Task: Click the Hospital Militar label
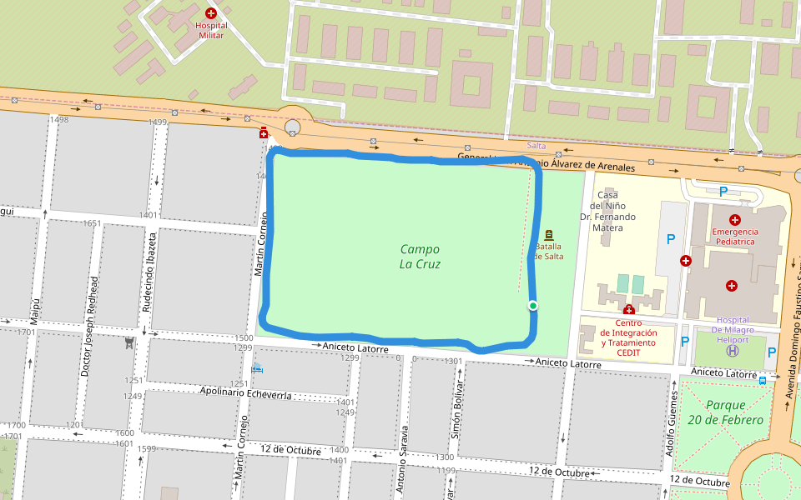[211, 30]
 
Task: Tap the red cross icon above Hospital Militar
[211, 13]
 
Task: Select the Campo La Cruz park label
[420, 257]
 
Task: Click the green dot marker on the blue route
[533, 306]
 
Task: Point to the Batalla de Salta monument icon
[549, 236]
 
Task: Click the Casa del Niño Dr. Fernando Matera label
[607, 211]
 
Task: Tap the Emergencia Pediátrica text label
[734, 236]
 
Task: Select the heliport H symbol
[733, 351]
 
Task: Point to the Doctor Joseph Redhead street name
[90, 325]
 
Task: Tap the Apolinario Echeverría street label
[245, 393]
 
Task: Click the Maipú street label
[35, 311]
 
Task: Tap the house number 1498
[59, 120]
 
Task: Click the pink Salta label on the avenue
[536, 146]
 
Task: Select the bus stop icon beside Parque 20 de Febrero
[763, 380]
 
